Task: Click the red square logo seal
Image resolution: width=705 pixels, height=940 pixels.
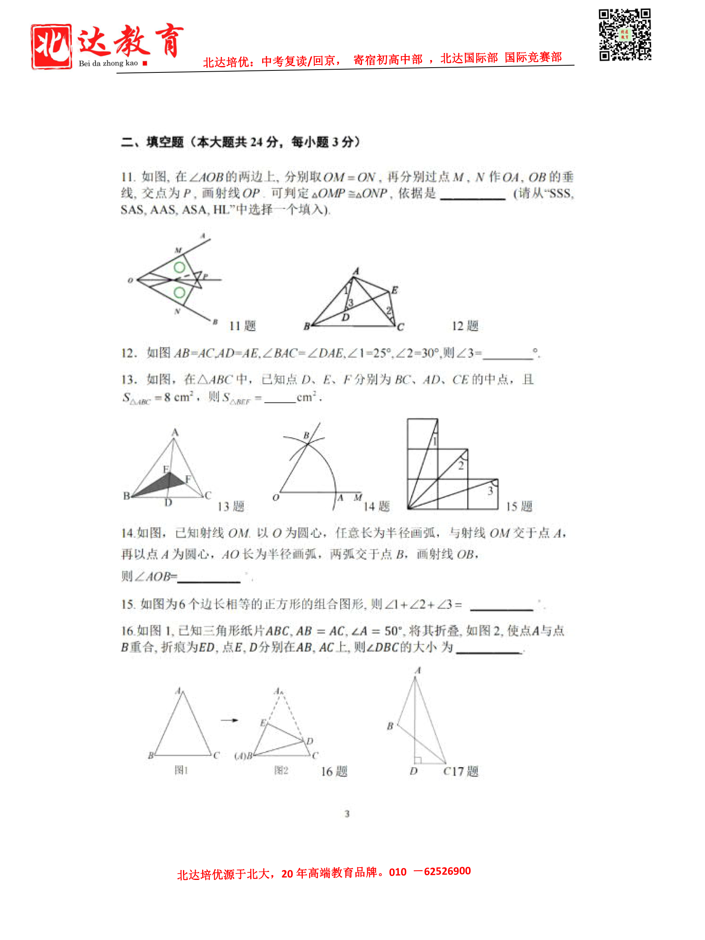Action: (x=51, y=46)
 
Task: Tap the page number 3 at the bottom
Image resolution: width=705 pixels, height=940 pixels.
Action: (x=347, y=813)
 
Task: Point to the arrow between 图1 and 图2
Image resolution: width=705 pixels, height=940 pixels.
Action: (x=230, y=720)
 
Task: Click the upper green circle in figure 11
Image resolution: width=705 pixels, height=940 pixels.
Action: (x=179, y=267)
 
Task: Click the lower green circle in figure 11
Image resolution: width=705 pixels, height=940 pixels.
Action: (x=179, y=293)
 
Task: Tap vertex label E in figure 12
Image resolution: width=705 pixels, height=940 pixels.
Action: (x=394, y=290)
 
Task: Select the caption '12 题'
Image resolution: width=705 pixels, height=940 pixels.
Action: (x=465, y=326)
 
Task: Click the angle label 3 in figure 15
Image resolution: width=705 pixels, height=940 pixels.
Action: (x=490, y=491)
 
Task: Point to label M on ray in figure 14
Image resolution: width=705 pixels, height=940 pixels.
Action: (x=358, y=497)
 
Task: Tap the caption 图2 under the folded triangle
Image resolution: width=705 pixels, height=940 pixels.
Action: (x=281, y=770)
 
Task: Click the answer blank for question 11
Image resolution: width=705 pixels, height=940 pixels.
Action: (x=473, y=195)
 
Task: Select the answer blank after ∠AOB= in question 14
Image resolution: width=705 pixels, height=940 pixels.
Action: (x=208, y=577)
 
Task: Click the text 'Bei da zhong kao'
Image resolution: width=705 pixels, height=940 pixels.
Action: (x=108, y=63)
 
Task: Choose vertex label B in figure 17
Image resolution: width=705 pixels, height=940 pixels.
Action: (x=390, y=726)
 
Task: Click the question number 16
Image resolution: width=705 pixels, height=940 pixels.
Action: (x=127, y=631)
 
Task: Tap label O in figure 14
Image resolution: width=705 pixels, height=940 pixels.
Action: (x=276, y=497)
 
